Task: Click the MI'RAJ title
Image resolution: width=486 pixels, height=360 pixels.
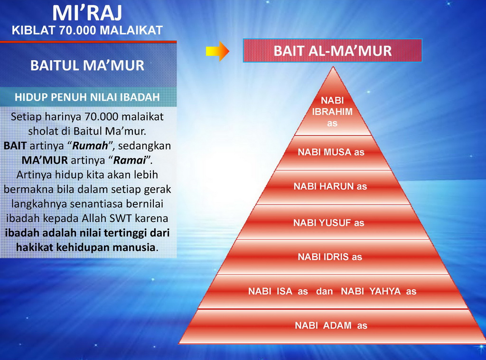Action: [87, 13]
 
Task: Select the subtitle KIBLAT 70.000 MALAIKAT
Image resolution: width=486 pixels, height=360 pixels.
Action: [87, 30]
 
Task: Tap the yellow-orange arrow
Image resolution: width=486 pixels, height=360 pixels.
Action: [217, 51]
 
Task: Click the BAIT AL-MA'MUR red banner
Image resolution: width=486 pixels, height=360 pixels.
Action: [332, 50]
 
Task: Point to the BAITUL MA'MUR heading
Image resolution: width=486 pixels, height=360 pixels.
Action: [87, 65]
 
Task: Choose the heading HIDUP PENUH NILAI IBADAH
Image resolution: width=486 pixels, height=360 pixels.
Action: [87, 97]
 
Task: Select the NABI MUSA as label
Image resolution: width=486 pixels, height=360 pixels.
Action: [331, 152]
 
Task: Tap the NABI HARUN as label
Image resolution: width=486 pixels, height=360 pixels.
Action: [330, 186]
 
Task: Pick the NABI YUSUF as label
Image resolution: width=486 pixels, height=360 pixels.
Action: [329, 223]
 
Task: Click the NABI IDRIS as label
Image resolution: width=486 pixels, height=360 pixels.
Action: [330, 257]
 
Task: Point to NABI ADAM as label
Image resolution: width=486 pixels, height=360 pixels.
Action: [331, 325]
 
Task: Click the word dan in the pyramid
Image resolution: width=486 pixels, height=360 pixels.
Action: [325, 291]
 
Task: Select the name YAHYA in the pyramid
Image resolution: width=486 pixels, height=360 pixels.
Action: [385, 291]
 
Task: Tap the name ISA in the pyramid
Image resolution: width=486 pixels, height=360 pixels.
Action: [285, 291]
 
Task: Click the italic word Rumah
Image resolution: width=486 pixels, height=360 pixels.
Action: [90, 146]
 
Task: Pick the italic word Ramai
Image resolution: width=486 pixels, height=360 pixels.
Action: [130, 160]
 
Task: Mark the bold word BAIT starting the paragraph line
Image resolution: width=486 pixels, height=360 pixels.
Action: [15, 146]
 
